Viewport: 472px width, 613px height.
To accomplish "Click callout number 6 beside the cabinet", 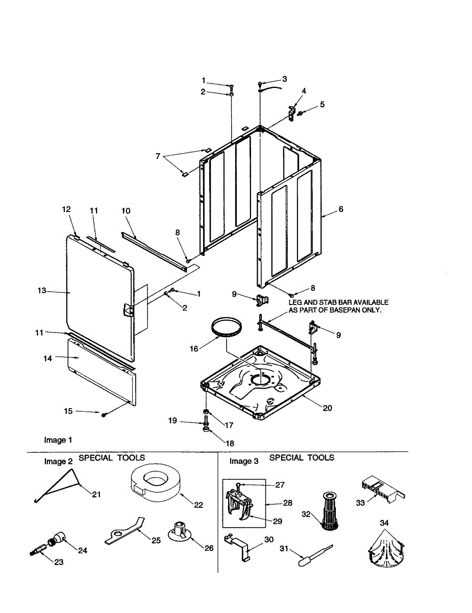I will pos(341,209).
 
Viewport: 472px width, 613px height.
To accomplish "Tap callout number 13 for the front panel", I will pos(42,291).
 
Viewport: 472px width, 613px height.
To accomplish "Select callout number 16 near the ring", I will pos(193,349).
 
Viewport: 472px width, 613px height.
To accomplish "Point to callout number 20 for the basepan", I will pos(327,408).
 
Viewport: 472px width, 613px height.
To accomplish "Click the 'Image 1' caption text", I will pos(58,440).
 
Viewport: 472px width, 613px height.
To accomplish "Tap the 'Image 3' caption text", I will pos(244,461).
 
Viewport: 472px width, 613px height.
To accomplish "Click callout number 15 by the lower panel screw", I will pos(68,411).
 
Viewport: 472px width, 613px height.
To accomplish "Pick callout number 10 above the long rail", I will pos(126,210).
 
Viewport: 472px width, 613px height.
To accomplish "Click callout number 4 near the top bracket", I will pos(304,91).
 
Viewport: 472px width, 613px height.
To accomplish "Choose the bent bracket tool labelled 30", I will pos(238,544).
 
